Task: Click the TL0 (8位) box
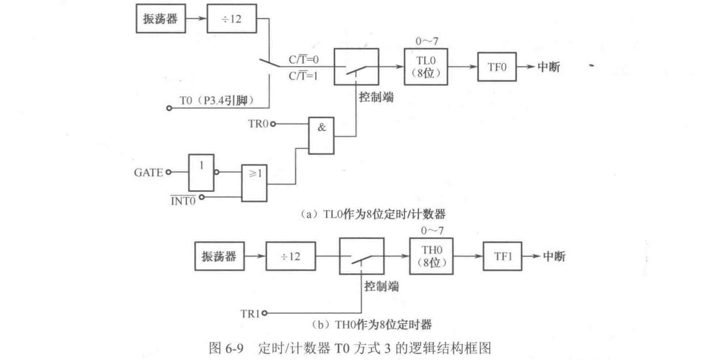426,67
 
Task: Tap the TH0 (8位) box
431,256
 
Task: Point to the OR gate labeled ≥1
254,181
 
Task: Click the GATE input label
149,172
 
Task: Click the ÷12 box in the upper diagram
231,22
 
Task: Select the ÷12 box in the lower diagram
291,257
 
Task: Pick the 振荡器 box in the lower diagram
219,257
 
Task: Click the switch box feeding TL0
356,67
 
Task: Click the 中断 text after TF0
551,67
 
